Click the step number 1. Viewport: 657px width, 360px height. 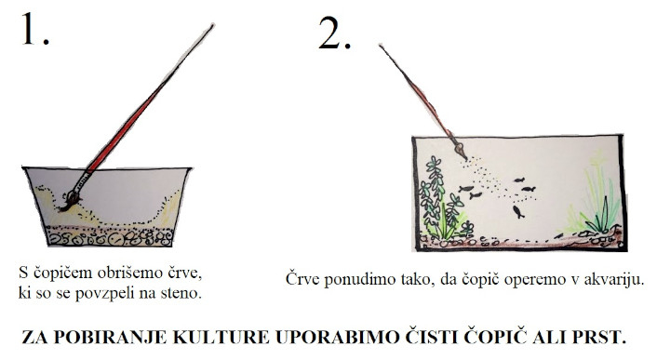pos(34,29)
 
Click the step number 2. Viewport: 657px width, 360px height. pos(334,33)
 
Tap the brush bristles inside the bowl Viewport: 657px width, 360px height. pos(70,201)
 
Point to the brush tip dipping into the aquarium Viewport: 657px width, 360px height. pos(460,150)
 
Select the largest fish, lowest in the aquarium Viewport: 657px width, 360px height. pos(518,212)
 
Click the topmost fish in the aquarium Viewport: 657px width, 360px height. pos(519,180)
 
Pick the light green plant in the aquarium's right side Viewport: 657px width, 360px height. pos(595,197)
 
